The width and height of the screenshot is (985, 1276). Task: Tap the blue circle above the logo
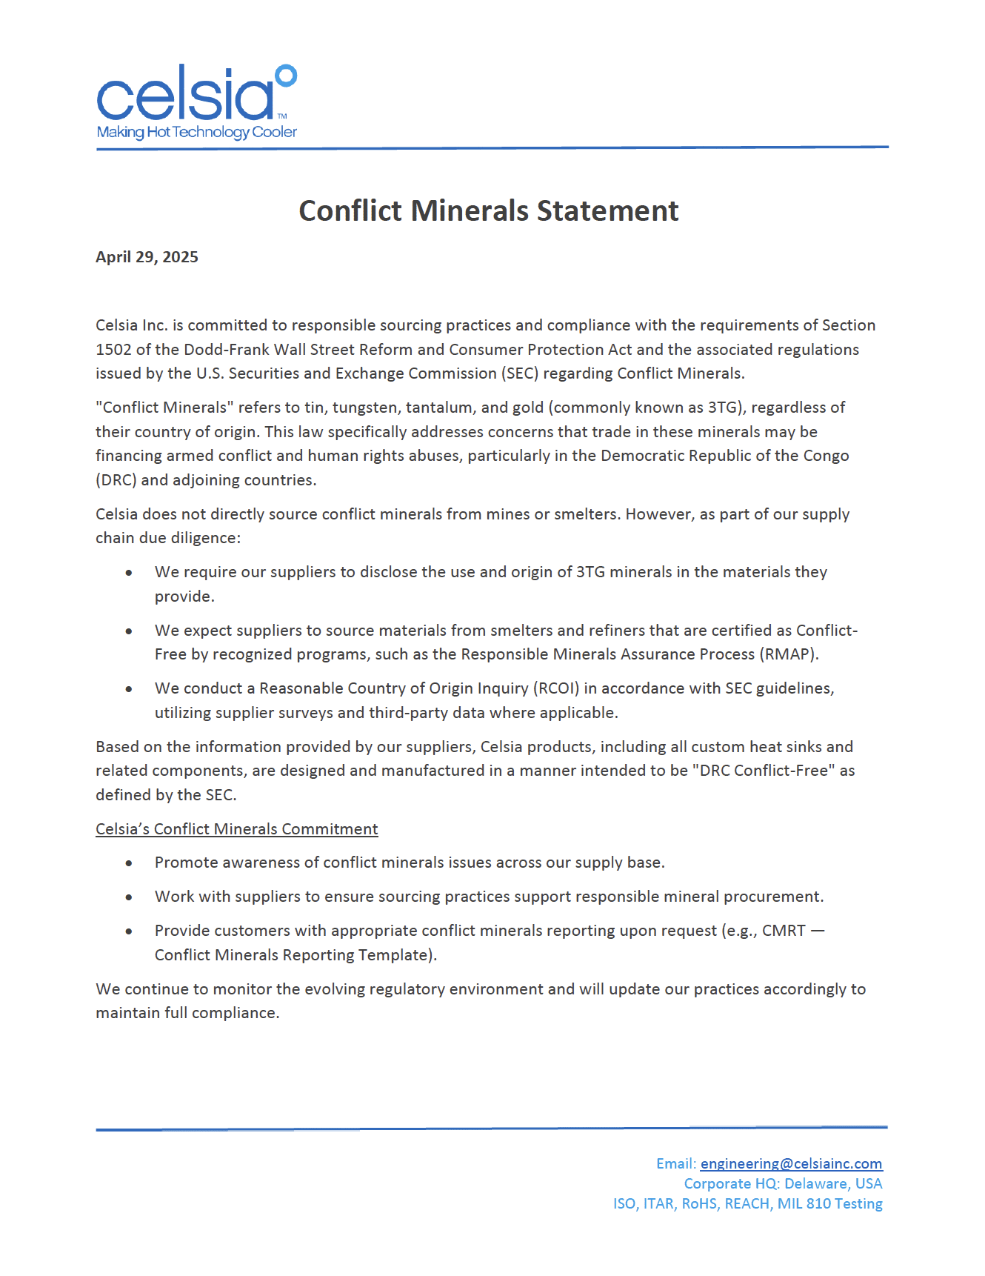coord(286,76)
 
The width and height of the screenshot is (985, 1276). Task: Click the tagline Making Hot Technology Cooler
coord(196,133)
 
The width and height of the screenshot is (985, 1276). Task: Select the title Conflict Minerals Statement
coord(488,211)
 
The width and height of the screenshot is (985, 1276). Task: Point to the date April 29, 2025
coord(147,257)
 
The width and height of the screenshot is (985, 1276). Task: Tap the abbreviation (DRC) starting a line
coord(116,480)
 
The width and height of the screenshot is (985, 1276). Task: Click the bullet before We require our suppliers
coord(130,573)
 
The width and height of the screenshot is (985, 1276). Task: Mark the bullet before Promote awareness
coord(130,863)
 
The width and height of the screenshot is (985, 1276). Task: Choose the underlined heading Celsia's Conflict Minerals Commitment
coord(236,829)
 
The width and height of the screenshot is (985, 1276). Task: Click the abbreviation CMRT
coord(784,931)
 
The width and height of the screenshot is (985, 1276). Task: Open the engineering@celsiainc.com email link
coord(791,1164)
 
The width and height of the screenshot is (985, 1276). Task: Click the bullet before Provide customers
coord(130,931)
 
